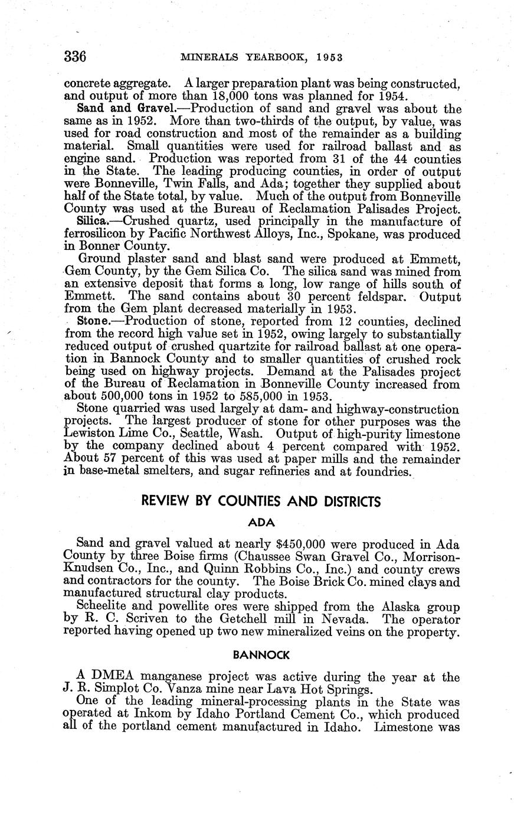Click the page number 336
click(76, 57)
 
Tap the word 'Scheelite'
click(104, 608)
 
